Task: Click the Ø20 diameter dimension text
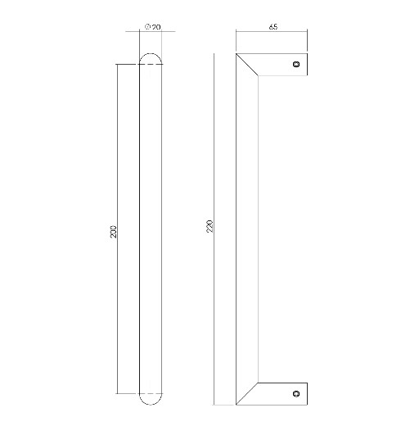[x=152, y=28]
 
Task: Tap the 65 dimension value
[x=273, y=28]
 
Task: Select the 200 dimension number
[x=114, y=232]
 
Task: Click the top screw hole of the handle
[x=297, y=63]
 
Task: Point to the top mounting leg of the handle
[x=278, y=64]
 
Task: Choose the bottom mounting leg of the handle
[x=278, y=394]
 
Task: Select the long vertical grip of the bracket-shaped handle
[x=247, y=229]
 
